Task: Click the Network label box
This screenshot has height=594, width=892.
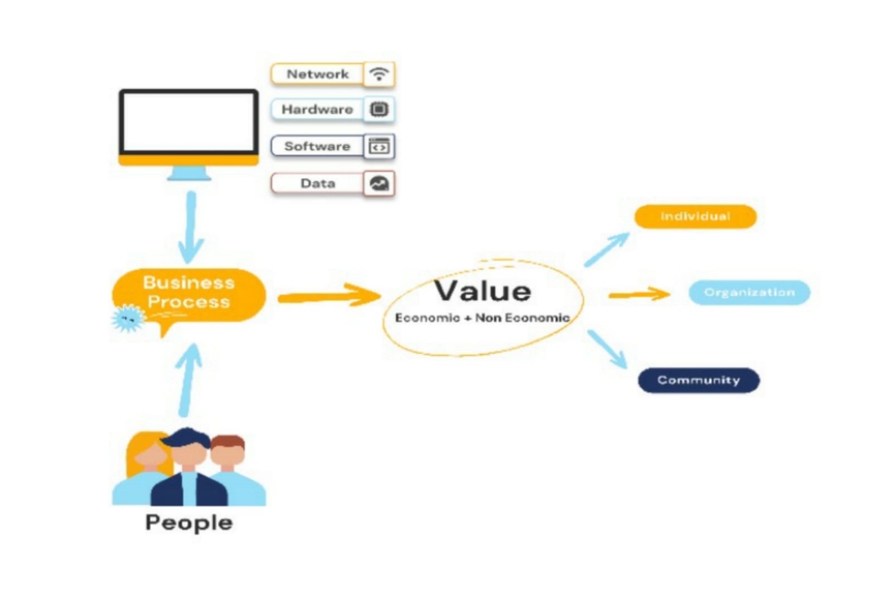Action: [317, 74]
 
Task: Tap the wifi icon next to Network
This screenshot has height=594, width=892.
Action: [379, 74]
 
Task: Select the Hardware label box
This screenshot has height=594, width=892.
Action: [317, 109]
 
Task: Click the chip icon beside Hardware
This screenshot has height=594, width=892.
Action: [379, 109]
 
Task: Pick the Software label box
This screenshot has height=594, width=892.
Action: [317, 146]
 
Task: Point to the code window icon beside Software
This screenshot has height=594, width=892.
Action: [379, 147]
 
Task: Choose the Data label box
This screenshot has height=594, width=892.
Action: [317, 183]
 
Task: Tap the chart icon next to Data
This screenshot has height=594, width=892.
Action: [379, 183]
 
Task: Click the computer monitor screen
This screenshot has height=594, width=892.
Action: [188, 122]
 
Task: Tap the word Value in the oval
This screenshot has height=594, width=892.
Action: [482, 291]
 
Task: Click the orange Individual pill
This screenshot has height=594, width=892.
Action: [695, 216]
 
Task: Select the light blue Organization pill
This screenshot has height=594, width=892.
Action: [749, 293]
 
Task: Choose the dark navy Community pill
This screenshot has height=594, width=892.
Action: [699, 380]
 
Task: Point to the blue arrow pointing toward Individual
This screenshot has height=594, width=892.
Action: [607, 250]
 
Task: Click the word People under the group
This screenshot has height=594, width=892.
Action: [188, 523]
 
